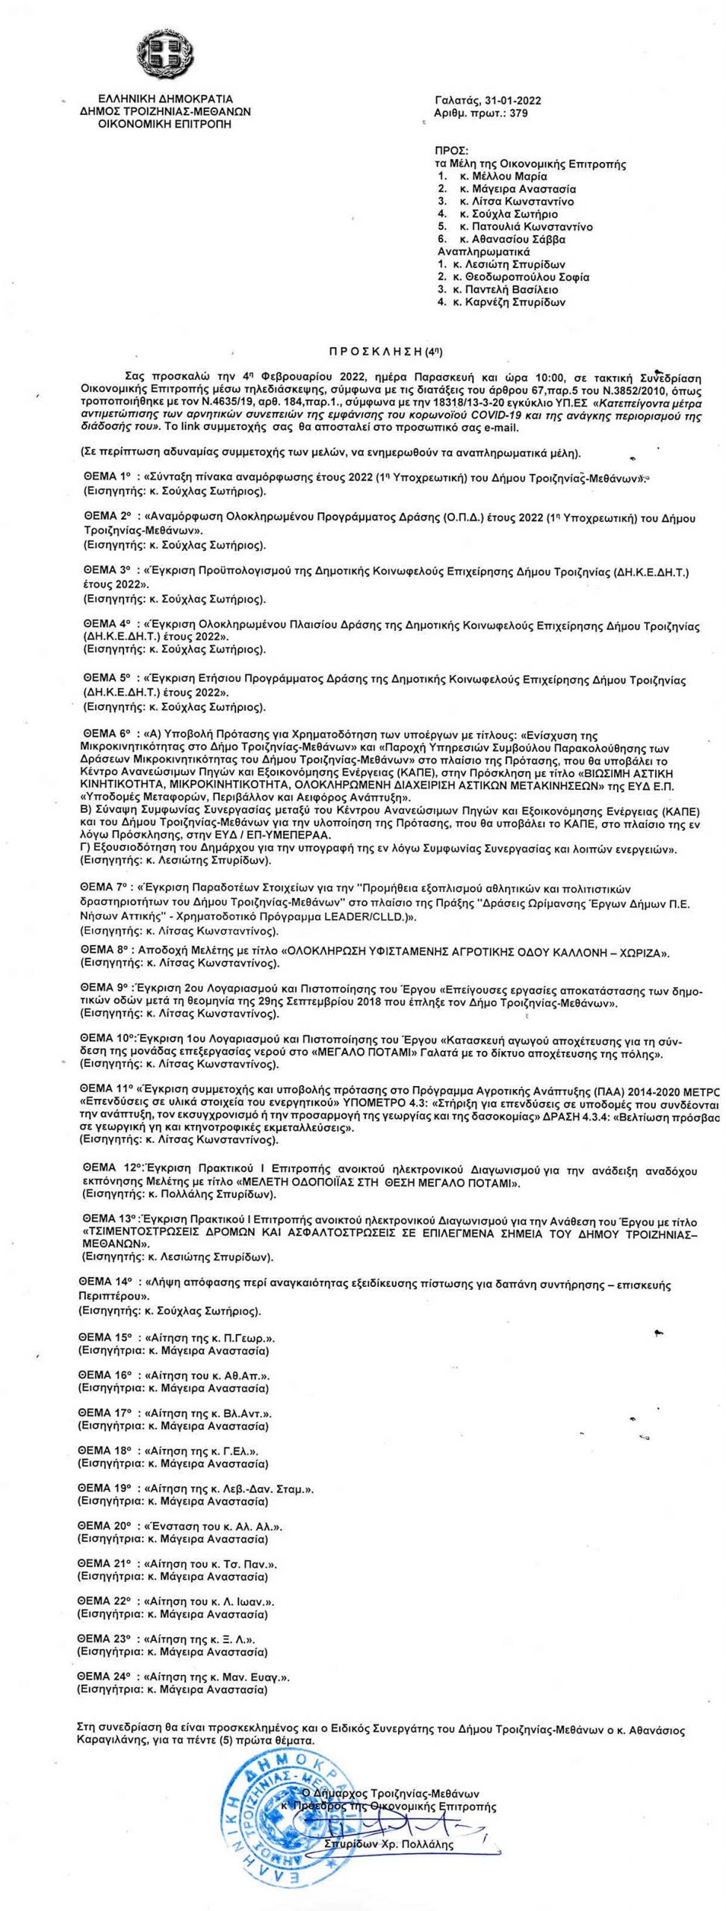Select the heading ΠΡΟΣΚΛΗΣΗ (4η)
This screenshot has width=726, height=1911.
click(x=391, y=350)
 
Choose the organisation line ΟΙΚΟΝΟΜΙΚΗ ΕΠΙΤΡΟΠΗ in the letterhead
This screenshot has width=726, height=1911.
click(x=165, y=124)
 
